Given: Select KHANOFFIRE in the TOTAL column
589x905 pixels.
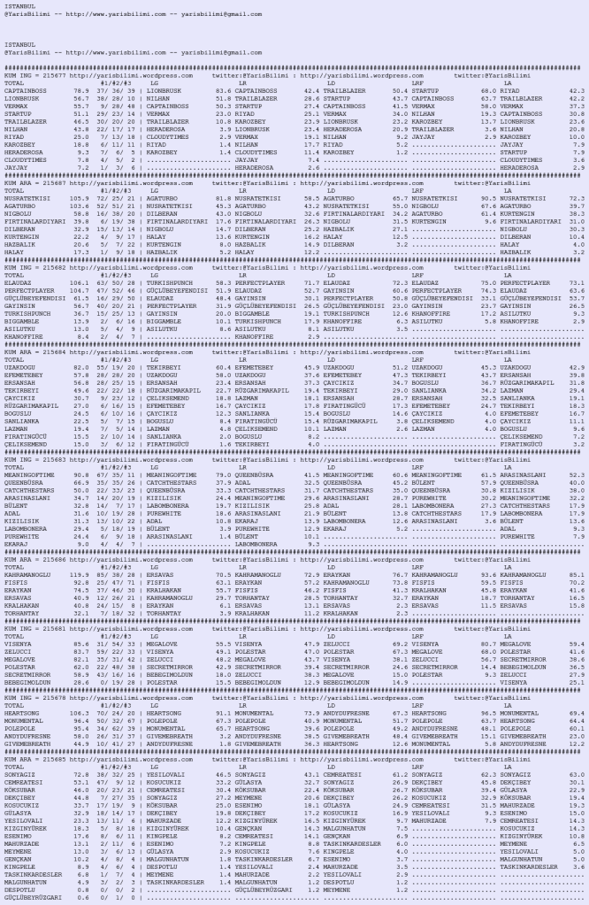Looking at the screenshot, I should point(20,337).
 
